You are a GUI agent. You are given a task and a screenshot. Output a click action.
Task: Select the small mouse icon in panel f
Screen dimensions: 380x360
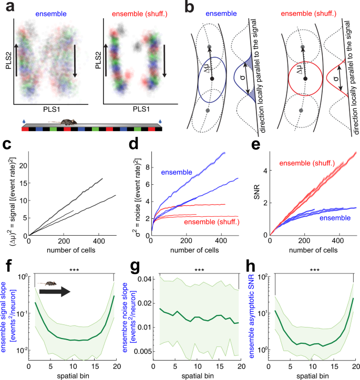(x=49, y=283)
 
